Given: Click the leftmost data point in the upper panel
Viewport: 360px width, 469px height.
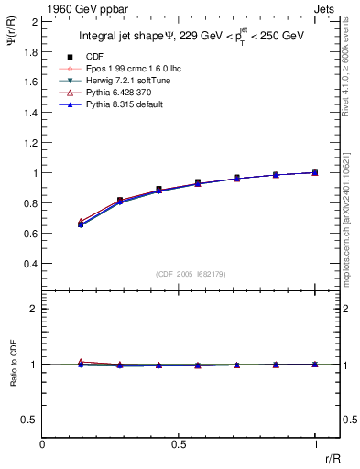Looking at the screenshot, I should (x=81, y=224).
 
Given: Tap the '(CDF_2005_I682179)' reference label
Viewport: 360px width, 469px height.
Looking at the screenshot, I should (x=180, y=273).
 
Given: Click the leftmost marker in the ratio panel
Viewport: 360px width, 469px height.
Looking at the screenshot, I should (x=81, y=363).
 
